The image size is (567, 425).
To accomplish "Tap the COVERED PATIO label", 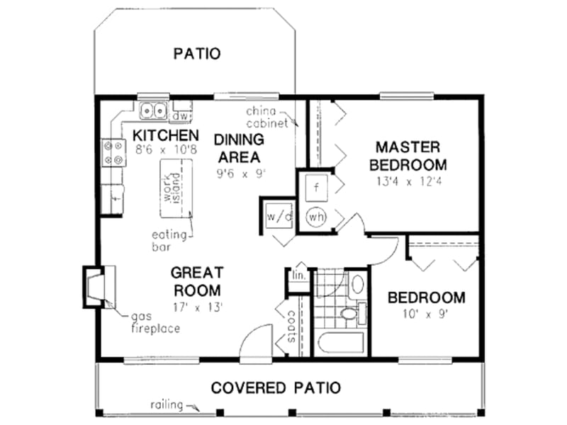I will point(276,387).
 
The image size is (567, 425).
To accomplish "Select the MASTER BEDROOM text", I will point(411,156).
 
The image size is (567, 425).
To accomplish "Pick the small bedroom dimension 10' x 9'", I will point(426,313).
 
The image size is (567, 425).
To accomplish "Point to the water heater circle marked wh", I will point(316,217).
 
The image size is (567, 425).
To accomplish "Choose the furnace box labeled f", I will point(316,188).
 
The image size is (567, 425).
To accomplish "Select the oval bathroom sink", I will point(358,285).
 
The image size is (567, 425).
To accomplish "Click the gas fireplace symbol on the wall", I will point(95,285).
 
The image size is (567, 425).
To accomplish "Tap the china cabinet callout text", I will point(266,117).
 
